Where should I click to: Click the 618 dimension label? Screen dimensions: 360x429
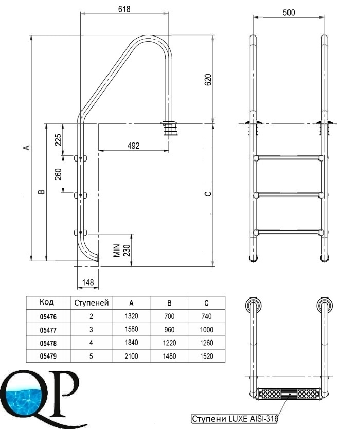tap(124, 9)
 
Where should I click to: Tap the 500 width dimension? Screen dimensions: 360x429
tap(289, 12)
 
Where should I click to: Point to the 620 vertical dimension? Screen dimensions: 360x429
tap(208, 80)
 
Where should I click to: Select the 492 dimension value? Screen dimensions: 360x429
tap(134, 146)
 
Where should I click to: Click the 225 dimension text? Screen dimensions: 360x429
tap(58, 139)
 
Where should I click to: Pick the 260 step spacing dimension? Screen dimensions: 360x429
tap(58, 174)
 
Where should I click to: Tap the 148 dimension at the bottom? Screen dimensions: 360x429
tap(88, 282)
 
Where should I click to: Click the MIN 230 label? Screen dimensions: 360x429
tap(122, 250)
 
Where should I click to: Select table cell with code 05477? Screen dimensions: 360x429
tap(48, 330)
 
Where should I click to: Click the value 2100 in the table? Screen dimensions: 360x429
tap(131, 356)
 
